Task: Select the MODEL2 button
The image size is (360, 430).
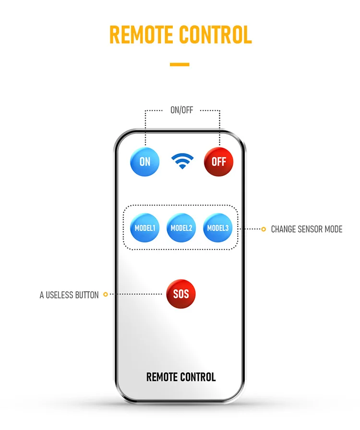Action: click(x=181, y=228)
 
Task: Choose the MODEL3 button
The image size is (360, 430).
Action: click(x=218, y=228)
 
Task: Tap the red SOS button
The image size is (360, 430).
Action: click(x=181, y=293)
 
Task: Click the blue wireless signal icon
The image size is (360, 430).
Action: click(x=182, y=161)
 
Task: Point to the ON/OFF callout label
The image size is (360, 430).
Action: click(x=181, y=110)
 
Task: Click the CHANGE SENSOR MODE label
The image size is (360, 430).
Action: click(x=306, y=229)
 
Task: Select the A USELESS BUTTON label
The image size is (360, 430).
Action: click(x=69, y=295)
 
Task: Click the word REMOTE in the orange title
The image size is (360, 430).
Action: click(x=141, y=35)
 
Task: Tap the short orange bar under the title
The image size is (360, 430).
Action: click(x=180, y=64)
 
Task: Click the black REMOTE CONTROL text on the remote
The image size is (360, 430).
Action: click(x=181, y=377)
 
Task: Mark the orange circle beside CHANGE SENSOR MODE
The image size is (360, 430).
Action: click(x=263, y=229)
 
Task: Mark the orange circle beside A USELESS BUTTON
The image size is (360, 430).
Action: click(x=106, y=294)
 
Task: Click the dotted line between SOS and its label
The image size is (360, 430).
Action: click(x=137, y=294)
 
